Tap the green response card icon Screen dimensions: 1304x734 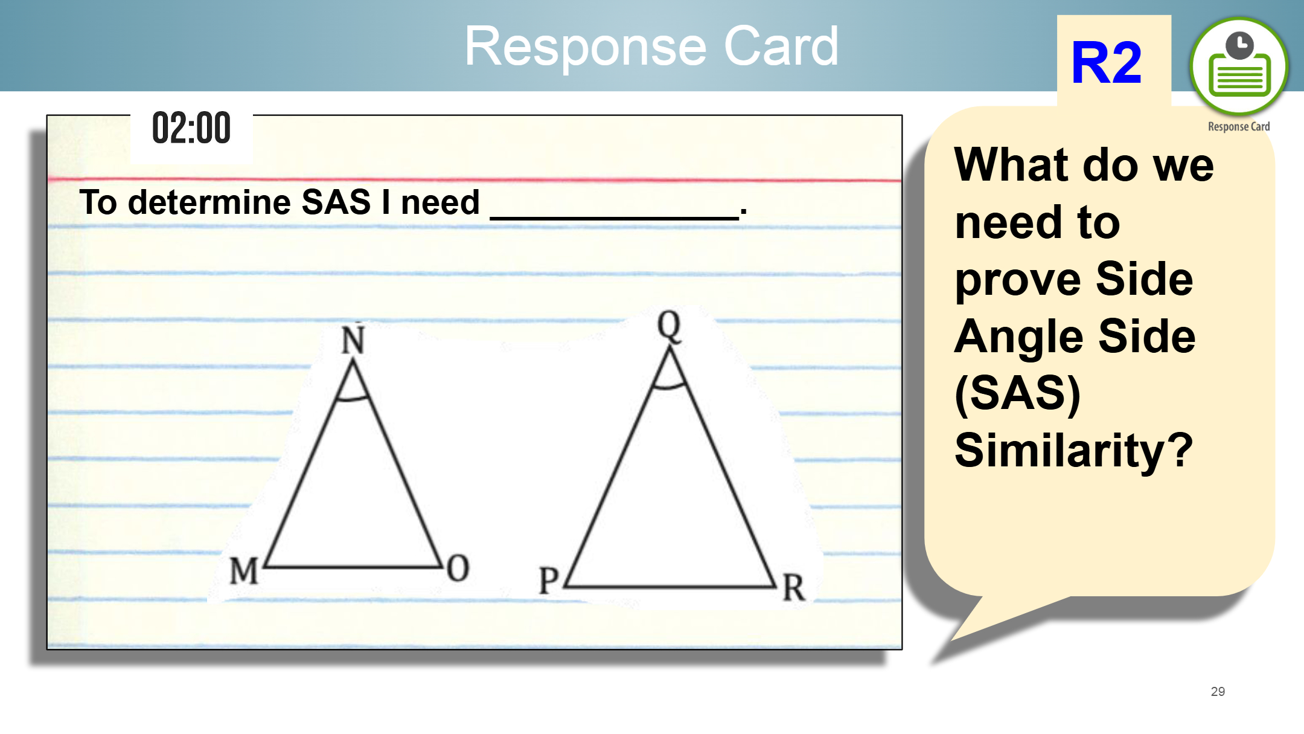pos(1239,66)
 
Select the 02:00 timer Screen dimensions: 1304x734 pos(191,128)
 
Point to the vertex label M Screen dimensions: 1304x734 pos(245,570)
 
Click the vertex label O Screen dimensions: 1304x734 pos(458,568)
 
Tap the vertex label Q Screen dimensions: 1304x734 pos(670,326)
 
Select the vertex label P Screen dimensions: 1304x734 pos(549,580)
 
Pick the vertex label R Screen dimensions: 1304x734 pos(794,587)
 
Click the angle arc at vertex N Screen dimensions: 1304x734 pos(353,398)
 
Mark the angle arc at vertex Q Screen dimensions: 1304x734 pos(670,386)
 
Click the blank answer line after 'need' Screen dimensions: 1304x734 pos(615,217)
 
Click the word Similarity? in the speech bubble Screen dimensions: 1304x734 pos(1073,449)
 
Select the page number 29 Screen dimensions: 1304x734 pos(1218,691)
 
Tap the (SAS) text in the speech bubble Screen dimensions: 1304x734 pos(1018,394)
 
